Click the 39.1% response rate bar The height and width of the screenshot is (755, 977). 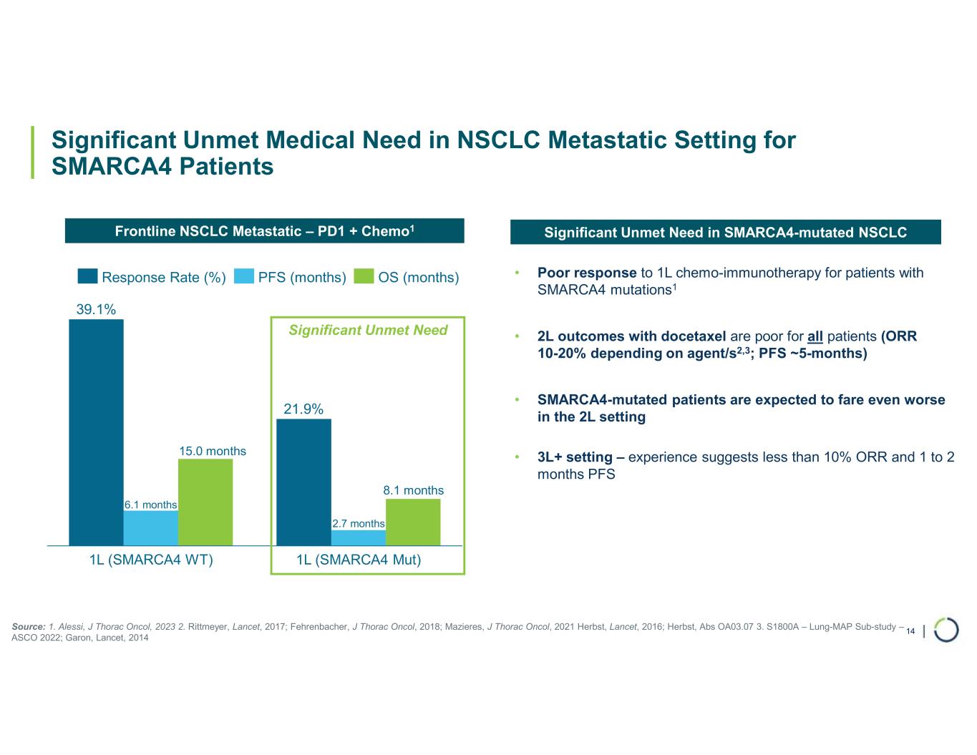click(96, 432)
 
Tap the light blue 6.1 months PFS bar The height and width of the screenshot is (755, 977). click(150, 527)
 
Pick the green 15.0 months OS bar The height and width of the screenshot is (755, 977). click(205, 502)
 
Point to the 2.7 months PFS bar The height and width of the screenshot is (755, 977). click(358, 537)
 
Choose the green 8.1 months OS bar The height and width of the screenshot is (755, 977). click(413, 522)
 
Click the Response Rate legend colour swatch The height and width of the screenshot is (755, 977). click(87, 277)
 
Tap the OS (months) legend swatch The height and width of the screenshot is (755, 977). click(364, 277)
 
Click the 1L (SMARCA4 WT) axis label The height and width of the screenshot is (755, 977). click(151, 560)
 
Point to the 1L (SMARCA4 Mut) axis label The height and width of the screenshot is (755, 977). click(359, 560)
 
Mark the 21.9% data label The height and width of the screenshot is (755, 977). click(303, 409)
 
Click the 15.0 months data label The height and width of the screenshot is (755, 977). click(213, 451)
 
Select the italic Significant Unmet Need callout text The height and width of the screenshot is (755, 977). click(368, 330)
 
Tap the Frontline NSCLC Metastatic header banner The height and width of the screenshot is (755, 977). click(265, 231)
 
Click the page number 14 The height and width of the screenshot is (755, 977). click(910, 631)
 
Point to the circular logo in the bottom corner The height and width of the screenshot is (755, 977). click(946, 630)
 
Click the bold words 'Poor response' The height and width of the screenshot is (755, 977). click(587, 273)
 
